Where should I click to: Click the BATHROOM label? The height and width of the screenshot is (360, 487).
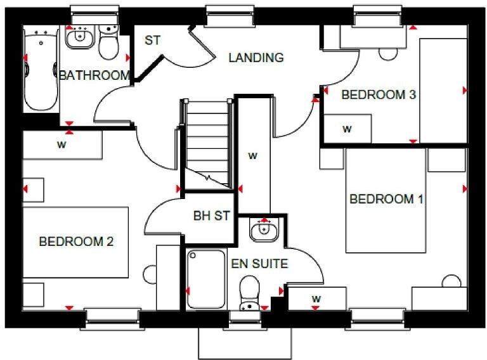pyautogui.click(x=94, y=75)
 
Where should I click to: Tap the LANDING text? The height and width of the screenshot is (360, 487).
pyautogui.click(x=256, y=58)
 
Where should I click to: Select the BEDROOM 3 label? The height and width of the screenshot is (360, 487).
pyautogui.click(x=378, y=95)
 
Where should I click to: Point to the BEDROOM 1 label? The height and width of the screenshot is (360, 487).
pyautogui.click(x=386, y=199)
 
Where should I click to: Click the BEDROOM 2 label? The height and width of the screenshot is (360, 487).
pyautogui.click(x=76, y=241)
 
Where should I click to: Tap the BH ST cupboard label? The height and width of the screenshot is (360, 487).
pyautogui.click(x=211, y=216)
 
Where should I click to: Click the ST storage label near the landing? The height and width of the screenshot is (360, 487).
pyautogui.click(x=152, y=41)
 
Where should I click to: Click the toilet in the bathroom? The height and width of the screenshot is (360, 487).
pyautogui.click(x=109, y=42)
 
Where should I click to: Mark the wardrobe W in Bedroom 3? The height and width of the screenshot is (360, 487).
pyautogui.click(x=347, y=129)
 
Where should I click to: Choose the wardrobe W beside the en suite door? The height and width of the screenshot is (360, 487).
pyautogui.click(x=315, y=299)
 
